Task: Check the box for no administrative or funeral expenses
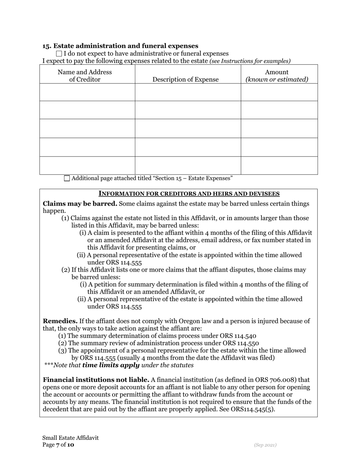(x=59, y=54)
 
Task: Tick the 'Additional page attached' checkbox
(x=67, y=178)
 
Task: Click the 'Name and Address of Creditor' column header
(x=85, y=76)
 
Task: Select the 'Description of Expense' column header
(x=185, y=80)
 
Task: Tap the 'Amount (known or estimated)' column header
(x=277, y=76)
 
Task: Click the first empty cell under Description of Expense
(x=188, y=92)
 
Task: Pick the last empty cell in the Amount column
(x=279, y=166)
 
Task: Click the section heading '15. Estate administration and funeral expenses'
(x=120, y=46)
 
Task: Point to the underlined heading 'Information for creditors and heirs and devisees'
(x=189, y=194)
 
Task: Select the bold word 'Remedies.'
(x=60, y=321)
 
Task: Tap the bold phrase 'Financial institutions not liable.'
(x=96, y=380)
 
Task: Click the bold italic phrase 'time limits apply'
(x=111, y=366)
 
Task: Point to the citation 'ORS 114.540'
(x=238, y=336)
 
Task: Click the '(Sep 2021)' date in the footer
(x=265, y=445)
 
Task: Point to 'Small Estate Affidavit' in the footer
(x=70, y=438)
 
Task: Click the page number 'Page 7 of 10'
(x=58, y=445)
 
